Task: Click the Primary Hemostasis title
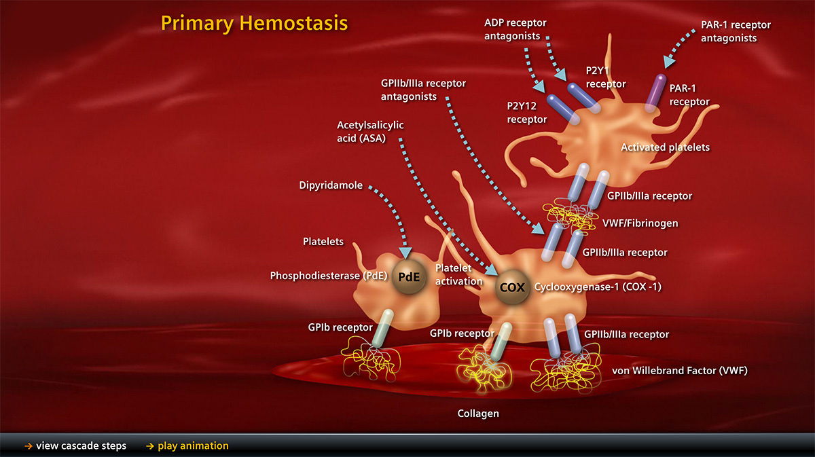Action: (x=254, y=23)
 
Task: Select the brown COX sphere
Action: (x=512, y=287)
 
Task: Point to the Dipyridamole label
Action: (x=331, y=185)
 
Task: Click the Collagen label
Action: (x=478, y=413)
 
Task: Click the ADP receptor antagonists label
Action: (x=515, y=29)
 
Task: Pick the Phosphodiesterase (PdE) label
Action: (x=328, y=276)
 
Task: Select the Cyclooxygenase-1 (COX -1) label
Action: (x=598, y=287)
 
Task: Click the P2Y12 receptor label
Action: (x=526, y=112)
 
